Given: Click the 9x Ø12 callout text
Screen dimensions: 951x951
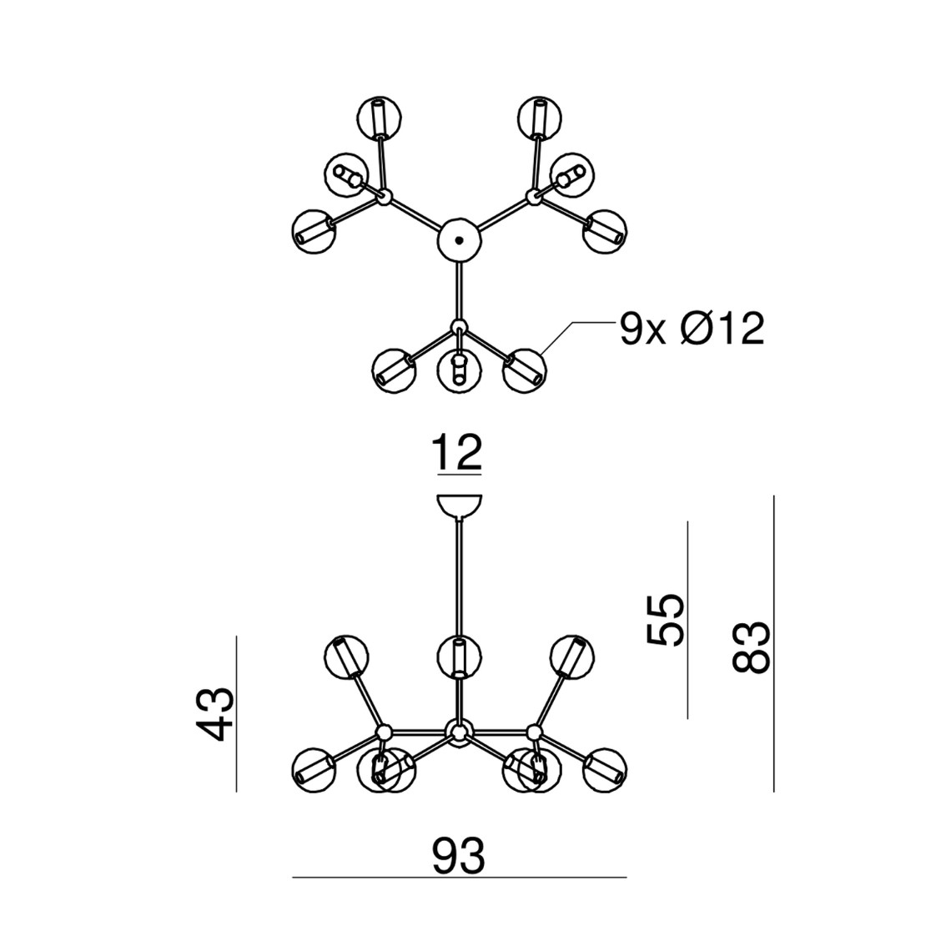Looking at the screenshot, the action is (692, 330).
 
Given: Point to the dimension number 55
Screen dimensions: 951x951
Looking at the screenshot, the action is (665, 620).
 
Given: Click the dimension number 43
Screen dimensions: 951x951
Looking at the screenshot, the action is (216, 713).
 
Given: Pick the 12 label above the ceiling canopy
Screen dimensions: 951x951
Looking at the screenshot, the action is (456, 452).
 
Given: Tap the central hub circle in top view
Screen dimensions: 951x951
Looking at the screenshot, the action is (459, 240).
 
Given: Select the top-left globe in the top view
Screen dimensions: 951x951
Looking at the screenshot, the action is (380, 118).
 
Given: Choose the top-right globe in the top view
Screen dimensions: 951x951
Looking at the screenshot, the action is (539, 118).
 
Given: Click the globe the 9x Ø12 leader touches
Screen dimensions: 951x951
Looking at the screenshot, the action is (525, 370).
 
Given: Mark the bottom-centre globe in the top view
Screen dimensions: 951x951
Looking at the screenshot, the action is (459, 370).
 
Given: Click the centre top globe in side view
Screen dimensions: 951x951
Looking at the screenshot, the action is (459, 657).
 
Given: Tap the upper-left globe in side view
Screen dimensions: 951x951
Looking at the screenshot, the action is (347, 657).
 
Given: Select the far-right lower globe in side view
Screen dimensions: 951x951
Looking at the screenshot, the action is (605, 770).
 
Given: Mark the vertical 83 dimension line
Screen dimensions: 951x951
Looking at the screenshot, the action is (774, 643).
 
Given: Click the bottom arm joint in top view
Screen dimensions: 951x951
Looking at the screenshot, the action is (459, 326).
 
